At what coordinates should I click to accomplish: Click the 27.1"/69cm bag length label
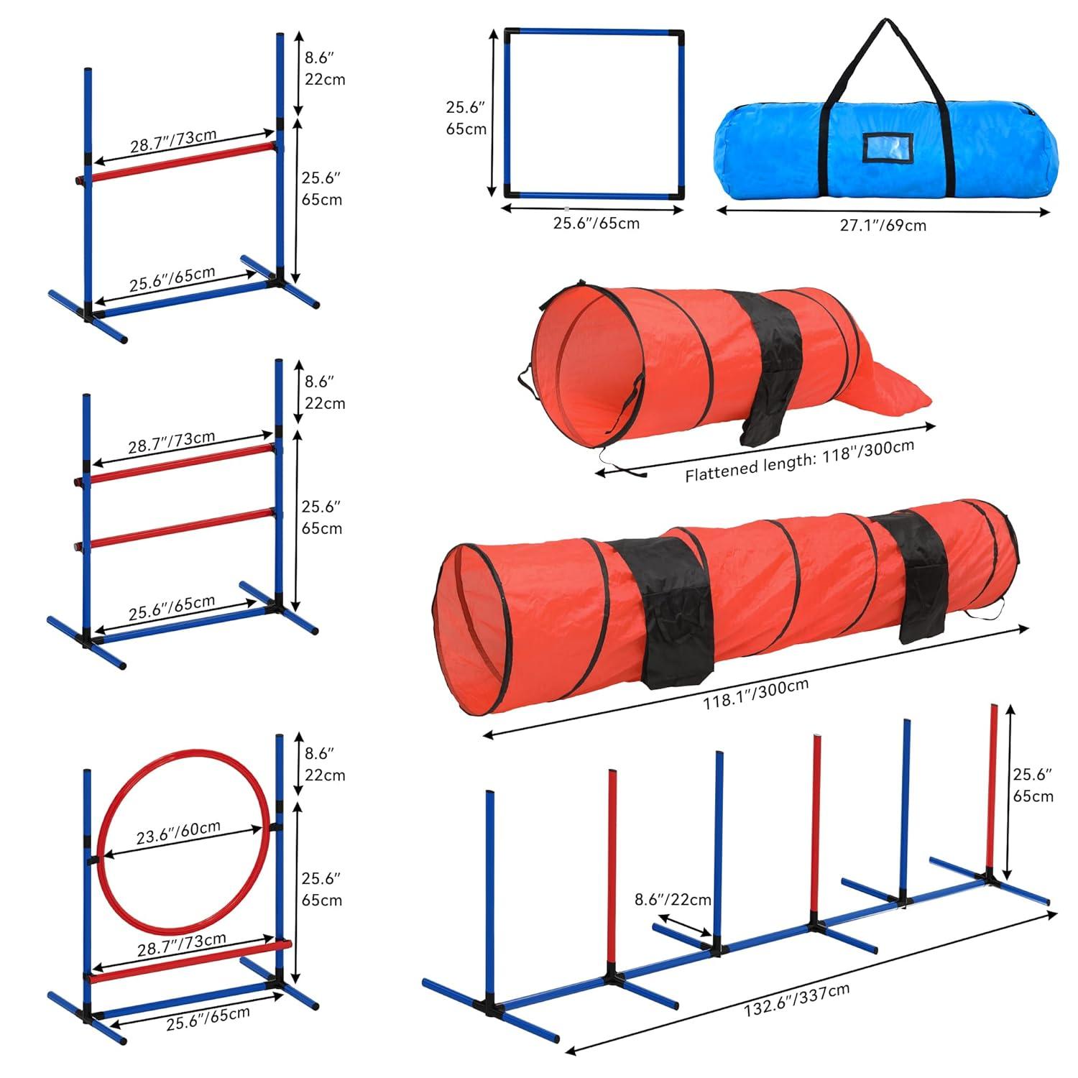point(883,226)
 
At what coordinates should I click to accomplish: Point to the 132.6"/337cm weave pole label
point(796,1000)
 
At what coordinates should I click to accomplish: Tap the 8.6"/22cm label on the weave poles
point(673,899)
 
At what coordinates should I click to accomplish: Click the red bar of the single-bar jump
point(180,162)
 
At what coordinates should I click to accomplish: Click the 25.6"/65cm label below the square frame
point(596,223)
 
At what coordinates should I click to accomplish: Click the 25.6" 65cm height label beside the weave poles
point(1033,785)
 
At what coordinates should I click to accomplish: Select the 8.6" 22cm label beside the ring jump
point(323,764)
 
